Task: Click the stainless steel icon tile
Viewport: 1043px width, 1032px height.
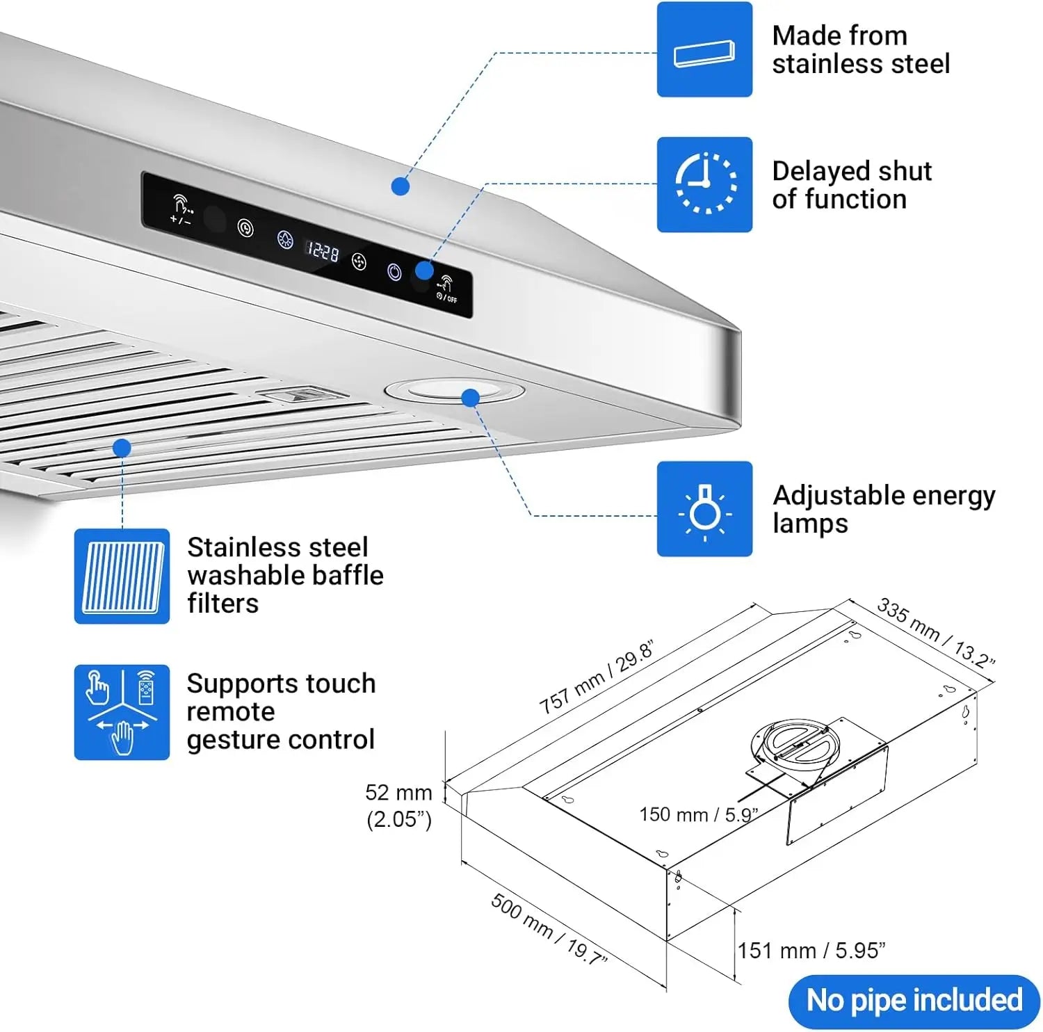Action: tap(704, 49)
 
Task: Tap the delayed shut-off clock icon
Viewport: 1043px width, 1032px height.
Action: tap(704, 184)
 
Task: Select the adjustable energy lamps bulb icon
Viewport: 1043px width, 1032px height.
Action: tap(704, 509)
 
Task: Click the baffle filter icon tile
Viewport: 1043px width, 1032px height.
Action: tap(122, 576)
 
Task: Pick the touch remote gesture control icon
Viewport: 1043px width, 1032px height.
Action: tap(122, 712)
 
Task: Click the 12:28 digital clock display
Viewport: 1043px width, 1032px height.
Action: tap(323, 250)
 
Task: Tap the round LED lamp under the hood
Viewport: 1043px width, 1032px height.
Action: tap(454, 391)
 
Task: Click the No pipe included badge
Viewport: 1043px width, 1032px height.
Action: tap(914, 1001)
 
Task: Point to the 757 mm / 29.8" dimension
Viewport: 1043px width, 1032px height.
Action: tap(596, 678)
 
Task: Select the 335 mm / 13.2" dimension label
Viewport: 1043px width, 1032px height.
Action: tap(935, 631)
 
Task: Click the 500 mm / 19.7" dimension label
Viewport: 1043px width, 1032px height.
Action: tap(549, 929)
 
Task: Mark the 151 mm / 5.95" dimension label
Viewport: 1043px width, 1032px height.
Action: tap(811, 951)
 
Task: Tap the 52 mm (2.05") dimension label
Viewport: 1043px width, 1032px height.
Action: tap(398, 805)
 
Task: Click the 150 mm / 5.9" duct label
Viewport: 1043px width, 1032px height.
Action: tap(697, 814)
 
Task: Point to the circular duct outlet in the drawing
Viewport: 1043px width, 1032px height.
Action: tap(795, 743)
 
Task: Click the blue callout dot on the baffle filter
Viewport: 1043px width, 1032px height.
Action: tap(122, 448)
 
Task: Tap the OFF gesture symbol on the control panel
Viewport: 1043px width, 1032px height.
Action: tap(446, 289)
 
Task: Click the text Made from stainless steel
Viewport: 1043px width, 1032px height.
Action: tap(860, 49)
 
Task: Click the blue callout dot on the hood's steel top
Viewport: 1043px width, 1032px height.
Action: tap(400, 186)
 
